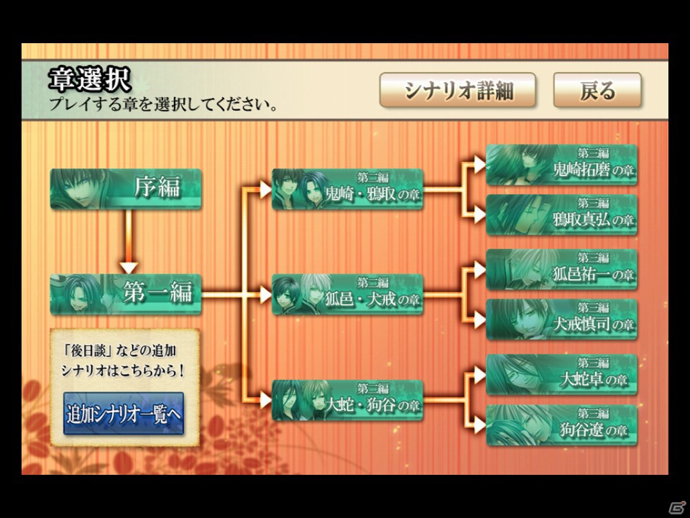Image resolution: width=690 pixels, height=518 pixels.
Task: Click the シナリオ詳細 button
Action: (458, 91)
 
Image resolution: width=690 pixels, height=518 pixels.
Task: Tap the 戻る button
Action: (597, 91)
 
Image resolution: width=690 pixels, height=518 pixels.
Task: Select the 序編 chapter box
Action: (126, 189)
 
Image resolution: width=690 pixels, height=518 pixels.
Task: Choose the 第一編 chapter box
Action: (126, 294)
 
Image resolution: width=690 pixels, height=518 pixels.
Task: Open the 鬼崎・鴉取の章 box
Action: (348, 189)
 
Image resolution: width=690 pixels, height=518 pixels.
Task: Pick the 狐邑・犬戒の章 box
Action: (348, 294)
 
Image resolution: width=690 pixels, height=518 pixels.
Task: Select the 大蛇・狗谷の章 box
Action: (348, 400)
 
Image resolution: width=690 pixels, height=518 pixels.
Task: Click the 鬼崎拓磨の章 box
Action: (561, 165)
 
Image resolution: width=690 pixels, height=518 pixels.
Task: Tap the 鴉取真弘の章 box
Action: (561, 214)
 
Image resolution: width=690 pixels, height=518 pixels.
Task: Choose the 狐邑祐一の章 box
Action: (561, 269)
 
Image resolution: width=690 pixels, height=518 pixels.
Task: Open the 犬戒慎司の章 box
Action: (561, 319)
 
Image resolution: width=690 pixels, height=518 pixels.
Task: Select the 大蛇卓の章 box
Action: (561, 374)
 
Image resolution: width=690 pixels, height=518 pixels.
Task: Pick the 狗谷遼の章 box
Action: (561, 425)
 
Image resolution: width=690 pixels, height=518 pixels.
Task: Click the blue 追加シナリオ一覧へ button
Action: (124, 414)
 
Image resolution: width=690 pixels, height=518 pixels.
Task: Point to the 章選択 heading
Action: (90, 80)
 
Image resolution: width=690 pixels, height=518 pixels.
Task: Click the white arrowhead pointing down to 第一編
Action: (129, 268)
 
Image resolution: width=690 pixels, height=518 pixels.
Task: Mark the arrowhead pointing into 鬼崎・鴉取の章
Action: (265, 189)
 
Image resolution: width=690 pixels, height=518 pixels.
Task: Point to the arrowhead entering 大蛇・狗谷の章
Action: (265, 401)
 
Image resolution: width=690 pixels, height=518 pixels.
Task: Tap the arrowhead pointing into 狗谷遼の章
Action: (479, 425)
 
